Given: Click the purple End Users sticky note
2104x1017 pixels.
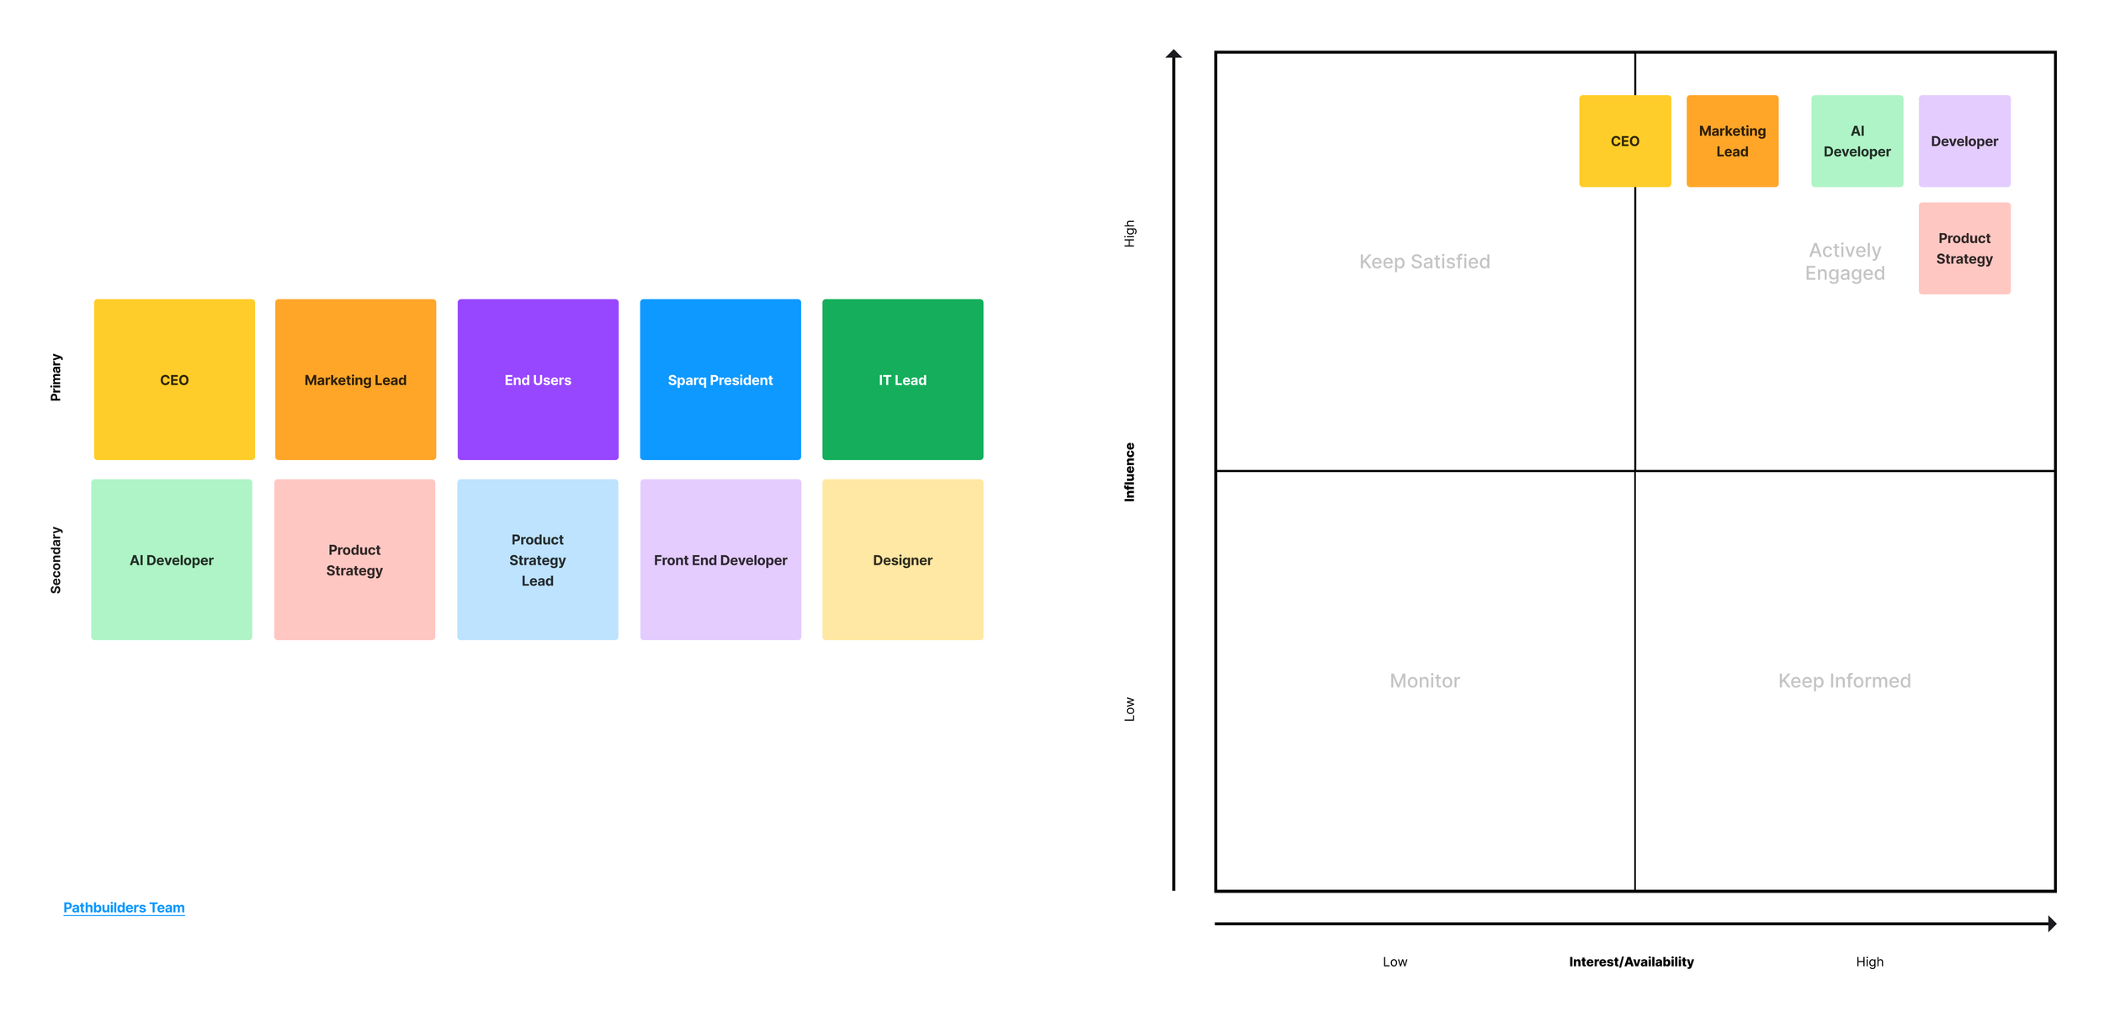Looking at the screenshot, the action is (x=538, y=379).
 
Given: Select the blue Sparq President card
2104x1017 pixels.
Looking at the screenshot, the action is (x=720, y=379).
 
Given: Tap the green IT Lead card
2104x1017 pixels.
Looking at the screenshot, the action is (x=902, y=379).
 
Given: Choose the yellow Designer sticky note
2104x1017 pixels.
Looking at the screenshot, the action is (x=902, y=559).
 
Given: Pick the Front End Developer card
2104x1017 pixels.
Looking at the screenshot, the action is (x=720, y=559).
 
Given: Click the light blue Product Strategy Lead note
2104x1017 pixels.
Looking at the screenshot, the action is (x=537, y=559).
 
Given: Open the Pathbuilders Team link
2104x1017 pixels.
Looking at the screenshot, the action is (x=124, y=908).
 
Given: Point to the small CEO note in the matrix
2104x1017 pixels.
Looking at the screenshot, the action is (x=1624, y=141).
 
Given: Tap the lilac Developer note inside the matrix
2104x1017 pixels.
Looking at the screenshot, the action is (x=1963, y=141).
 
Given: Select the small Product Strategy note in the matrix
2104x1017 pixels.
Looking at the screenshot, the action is (x=1963, y=248).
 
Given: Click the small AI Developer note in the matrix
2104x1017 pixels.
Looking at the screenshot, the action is (x=1857, y=141).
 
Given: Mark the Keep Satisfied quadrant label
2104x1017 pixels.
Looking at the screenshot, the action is (x=1424, y=262).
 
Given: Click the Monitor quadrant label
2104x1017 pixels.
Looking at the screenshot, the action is (x=1424, y=681).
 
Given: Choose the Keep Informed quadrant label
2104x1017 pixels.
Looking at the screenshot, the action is (x=1844, y=681).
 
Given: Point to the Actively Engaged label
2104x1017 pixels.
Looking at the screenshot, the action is (x=1844, y=262).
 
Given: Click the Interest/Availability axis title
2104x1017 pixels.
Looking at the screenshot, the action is (x=1631, y=961).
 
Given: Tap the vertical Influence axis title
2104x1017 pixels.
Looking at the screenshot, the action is (x=1129, y=472).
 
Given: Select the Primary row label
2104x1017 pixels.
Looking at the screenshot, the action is (x=56, y=377).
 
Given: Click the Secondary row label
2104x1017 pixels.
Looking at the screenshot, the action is (x=56, y=560).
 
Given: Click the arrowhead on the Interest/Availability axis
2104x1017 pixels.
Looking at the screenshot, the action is (x=2052, y=924).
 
